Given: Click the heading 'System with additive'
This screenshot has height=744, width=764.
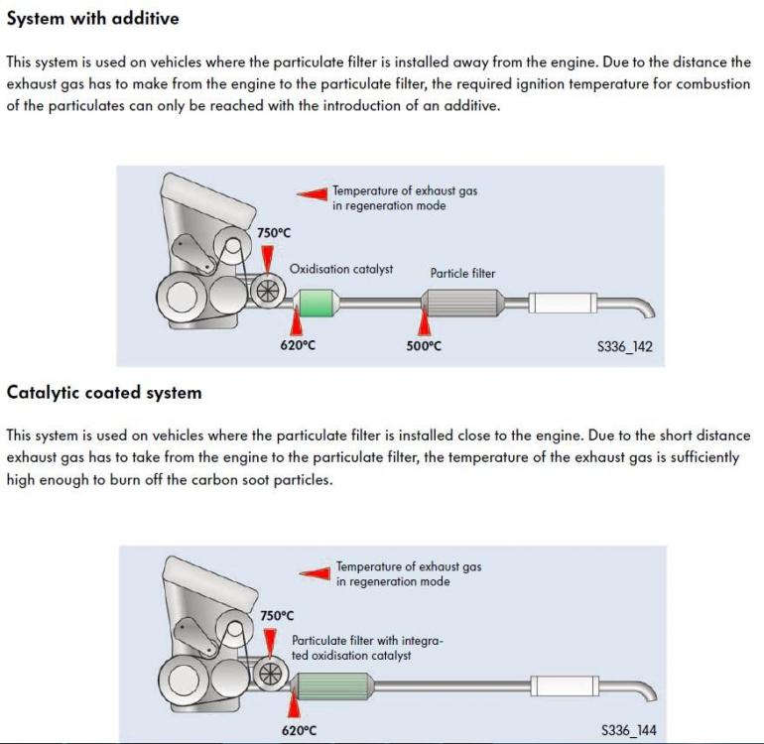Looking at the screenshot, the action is pos(92,19).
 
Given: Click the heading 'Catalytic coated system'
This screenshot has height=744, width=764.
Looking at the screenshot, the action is pos(104,393).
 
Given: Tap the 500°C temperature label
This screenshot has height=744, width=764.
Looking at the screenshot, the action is pos(424,346).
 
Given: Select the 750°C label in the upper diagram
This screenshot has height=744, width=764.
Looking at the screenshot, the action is pos(274,233).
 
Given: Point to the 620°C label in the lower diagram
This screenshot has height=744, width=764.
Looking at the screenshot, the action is pos(299,730).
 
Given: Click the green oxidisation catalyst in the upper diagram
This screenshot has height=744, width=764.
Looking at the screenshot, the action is pos(317,304).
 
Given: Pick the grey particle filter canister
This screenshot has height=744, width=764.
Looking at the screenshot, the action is pos(461,304).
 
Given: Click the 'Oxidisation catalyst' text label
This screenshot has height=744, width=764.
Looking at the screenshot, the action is pos(341,269).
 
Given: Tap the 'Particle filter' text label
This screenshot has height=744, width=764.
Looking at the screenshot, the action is pos(462,274).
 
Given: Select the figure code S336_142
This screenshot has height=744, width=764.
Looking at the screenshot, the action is pos(625,346).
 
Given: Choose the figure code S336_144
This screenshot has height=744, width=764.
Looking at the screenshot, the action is pos(628,730).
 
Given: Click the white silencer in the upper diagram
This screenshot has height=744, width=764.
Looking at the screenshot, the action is pos(563,304).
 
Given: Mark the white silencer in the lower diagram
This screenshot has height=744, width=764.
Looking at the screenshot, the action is pos(565,686).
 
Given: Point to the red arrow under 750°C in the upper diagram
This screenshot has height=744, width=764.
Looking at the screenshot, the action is pos(268,260).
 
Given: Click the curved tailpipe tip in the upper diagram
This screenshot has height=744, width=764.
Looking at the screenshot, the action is pos(642,309).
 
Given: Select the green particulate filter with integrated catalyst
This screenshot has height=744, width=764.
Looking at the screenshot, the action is pos(333,686).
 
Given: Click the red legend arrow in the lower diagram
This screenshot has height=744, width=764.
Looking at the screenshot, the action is pos(315,574).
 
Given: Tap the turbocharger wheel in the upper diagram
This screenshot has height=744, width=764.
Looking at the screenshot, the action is pos(267,292).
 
